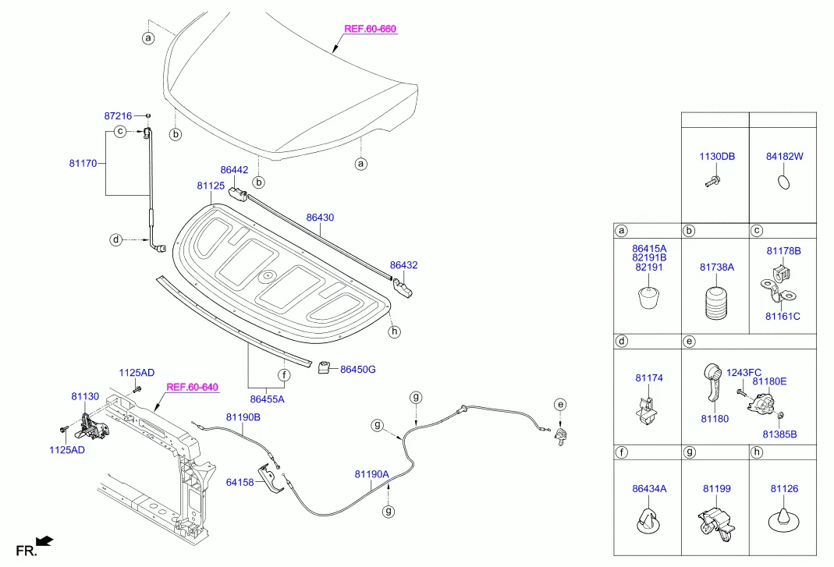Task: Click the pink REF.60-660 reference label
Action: pos(371,30)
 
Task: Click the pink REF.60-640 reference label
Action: pos(192,387)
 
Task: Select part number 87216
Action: pos(119,115)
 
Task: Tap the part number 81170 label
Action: pos(83,164)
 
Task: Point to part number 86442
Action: pos(234,169)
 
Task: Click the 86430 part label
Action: pos(320,218)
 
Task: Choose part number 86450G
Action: pos(358,369)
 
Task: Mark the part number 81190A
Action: pos(371,473)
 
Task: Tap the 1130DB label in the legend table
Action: pos(716,157)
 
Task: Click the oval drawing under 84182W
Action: pos(784,183)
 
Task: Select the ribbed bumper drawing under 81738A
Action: pos(715,305)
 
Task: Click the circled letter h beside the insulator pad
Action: pos(395,331)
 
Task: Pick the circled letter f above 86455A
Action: pos(285,375)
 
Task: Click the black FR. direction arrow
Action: pos(45,539)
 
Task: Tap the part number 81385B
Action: pos(779,434)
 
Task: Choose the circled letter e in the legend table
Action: pos(689,342)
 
